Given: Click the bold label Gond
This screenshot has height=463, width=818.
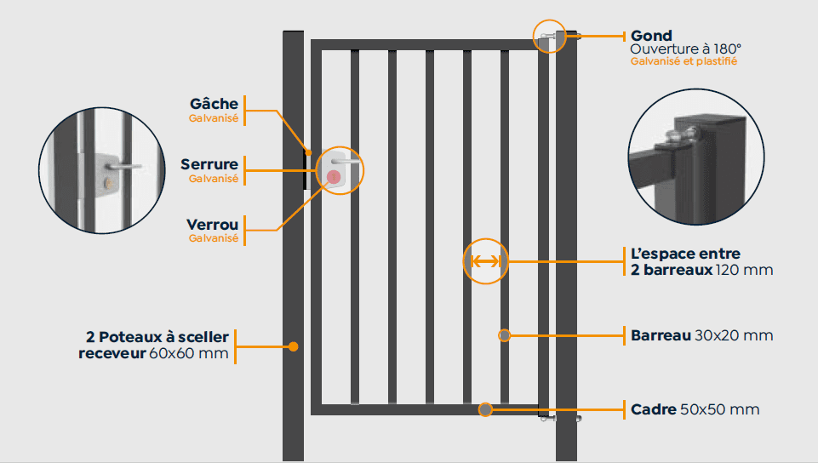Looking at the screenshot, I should click(x=651, y=36).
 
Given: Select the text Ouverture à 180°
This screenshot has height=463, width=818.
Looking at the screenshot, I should click(x=686, y=49).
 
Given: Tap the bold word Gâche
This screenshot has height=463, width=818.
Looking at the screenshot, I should click(x=214, y=104).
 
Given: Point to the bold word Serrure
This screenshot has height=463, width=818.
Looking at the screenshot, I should click(x=209, y=164).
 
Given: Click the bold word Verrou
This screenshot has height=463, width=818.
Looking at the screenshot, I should click(x=212, y=225).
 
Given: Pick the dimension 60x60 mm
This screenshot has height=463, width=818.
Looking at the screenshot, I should click(x=189, y=353).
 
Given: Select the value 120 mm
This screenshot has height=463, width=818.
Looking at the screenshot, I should click(x=745, y=270).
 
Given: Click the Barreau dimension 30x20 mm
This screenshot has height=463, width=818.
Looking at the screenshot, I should click(x=734, y=335).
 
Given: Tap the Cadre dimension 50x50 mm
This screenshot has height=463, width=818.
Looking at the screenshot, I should click(x=720, y=409).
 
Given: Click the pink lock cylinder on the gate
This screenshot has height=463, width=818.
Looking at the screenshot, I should click(x=334, y=177).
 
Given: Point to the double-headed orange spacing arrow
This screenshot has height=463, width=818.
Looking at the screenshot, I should click(x=485, y=261).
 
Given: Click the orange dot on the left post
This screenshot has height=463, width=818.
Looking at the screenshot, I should click(x=293, y=346).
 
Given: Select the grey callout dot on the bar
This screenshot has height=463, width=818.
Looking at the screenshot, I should click(x=505, y=335).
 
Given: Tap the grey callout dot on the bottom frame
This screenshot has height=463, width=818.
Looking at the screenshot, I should click(x=485, y=409).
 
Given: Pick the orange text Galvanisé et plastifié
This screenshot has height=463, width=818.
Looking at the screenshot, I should click(x=684, y=61).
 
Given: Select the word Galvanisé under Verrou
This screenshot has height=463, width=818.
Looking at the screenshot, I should click(x=213, y=238).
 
